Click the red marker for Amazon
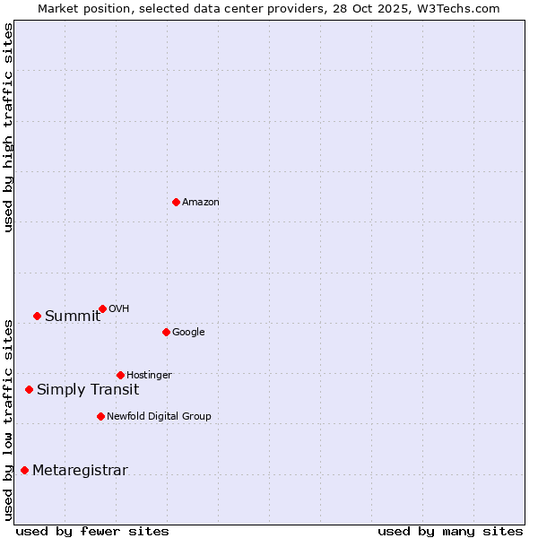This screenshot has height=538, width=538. pyautogui.click(x=176, y=202)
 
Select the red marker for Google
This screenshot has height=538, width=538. pyautogui.click(x=166, y=332)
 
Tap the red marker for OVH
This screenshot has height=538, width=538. pyautogui.click(x=102, y=308)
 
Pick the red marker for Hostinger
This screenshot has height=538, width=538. pyautogui.click(x=120, y=375)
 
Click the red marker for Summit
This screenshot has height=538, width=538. pyautogui.click(x=37, y=316)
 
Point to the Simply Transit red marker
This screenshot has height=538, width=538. pyautogui.click(x=29, y=389)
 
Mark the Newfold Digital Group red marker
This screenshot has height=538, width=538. pyautogui.click(x=100, y=416)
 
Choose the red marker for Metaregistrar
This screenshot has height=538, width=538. pyautogui.click(x=24, y=470)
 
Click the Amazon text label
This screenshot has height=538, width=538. pyautogui.click(x=201, y=203)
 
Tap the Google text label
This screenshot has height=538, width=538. pyautogui.click(x=188, y=333)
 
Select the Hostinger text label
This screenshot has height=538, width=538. pyautogui.click(x=149, y=376)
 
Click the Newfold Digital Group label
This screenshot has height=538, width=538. pyautogui.click(x=159, y=417)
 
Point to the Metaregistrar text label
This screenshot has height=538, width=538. pyautogui.click(x=80, y=471)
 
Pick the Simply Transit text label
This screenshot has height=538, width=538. pyautogui.click(x=88, y=390)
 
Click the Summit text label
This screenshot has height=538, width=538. pyautogui.click(x=73, y=317)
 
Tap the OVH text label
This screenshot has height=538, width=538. pyautogui.click(x=118, y=309)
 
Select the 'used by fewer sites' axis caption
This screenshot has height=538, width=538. pyautogui.click(x=92, y=531)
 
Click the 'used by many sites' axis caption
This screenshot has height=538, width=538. pyautogui.click(x=449, y=531)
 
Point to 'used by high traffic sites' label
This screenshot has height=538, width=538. pyautogui.click(x=8, y=128)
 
